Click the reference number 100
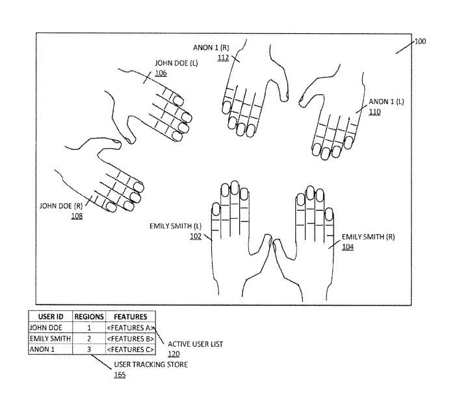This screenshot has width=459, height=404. [420, 41]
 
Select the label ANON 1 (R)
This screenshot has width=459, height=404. [211, 47]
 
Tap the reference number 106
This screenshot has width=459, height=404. [161, 73]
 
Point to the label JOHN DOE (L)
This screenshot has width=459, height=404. [176, 63]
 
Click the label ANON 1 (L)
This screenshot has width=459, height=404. [386, 101]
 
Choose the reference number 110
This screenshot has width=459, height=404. [374, 112]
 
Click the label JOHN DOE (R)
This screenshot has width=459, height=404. [61, 206]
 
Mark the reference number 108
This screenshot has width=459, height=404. [77, 216]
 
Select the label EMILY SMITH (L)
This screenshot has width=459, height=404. [176, 226]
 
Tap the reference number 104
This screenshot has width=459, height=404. [348, 247]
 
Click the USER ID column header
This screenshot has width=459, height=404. [51, 317]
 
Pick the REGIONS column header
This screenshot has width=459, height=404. [89, 317]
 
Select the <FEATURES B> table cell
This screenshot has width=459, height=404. [131, 339]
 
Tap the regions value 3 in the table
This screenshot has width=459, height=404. [89, 349]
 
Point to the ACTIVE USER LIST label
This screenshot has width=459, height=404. [195, 344]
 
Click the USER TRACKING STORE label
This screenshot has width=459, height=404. [151, 364]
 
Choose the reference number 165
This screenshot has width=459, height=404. [120, 375]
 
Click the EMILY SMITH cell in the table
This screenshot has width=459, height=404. [50, 339]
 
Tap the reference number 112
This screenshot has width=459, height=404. [223, 57]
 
